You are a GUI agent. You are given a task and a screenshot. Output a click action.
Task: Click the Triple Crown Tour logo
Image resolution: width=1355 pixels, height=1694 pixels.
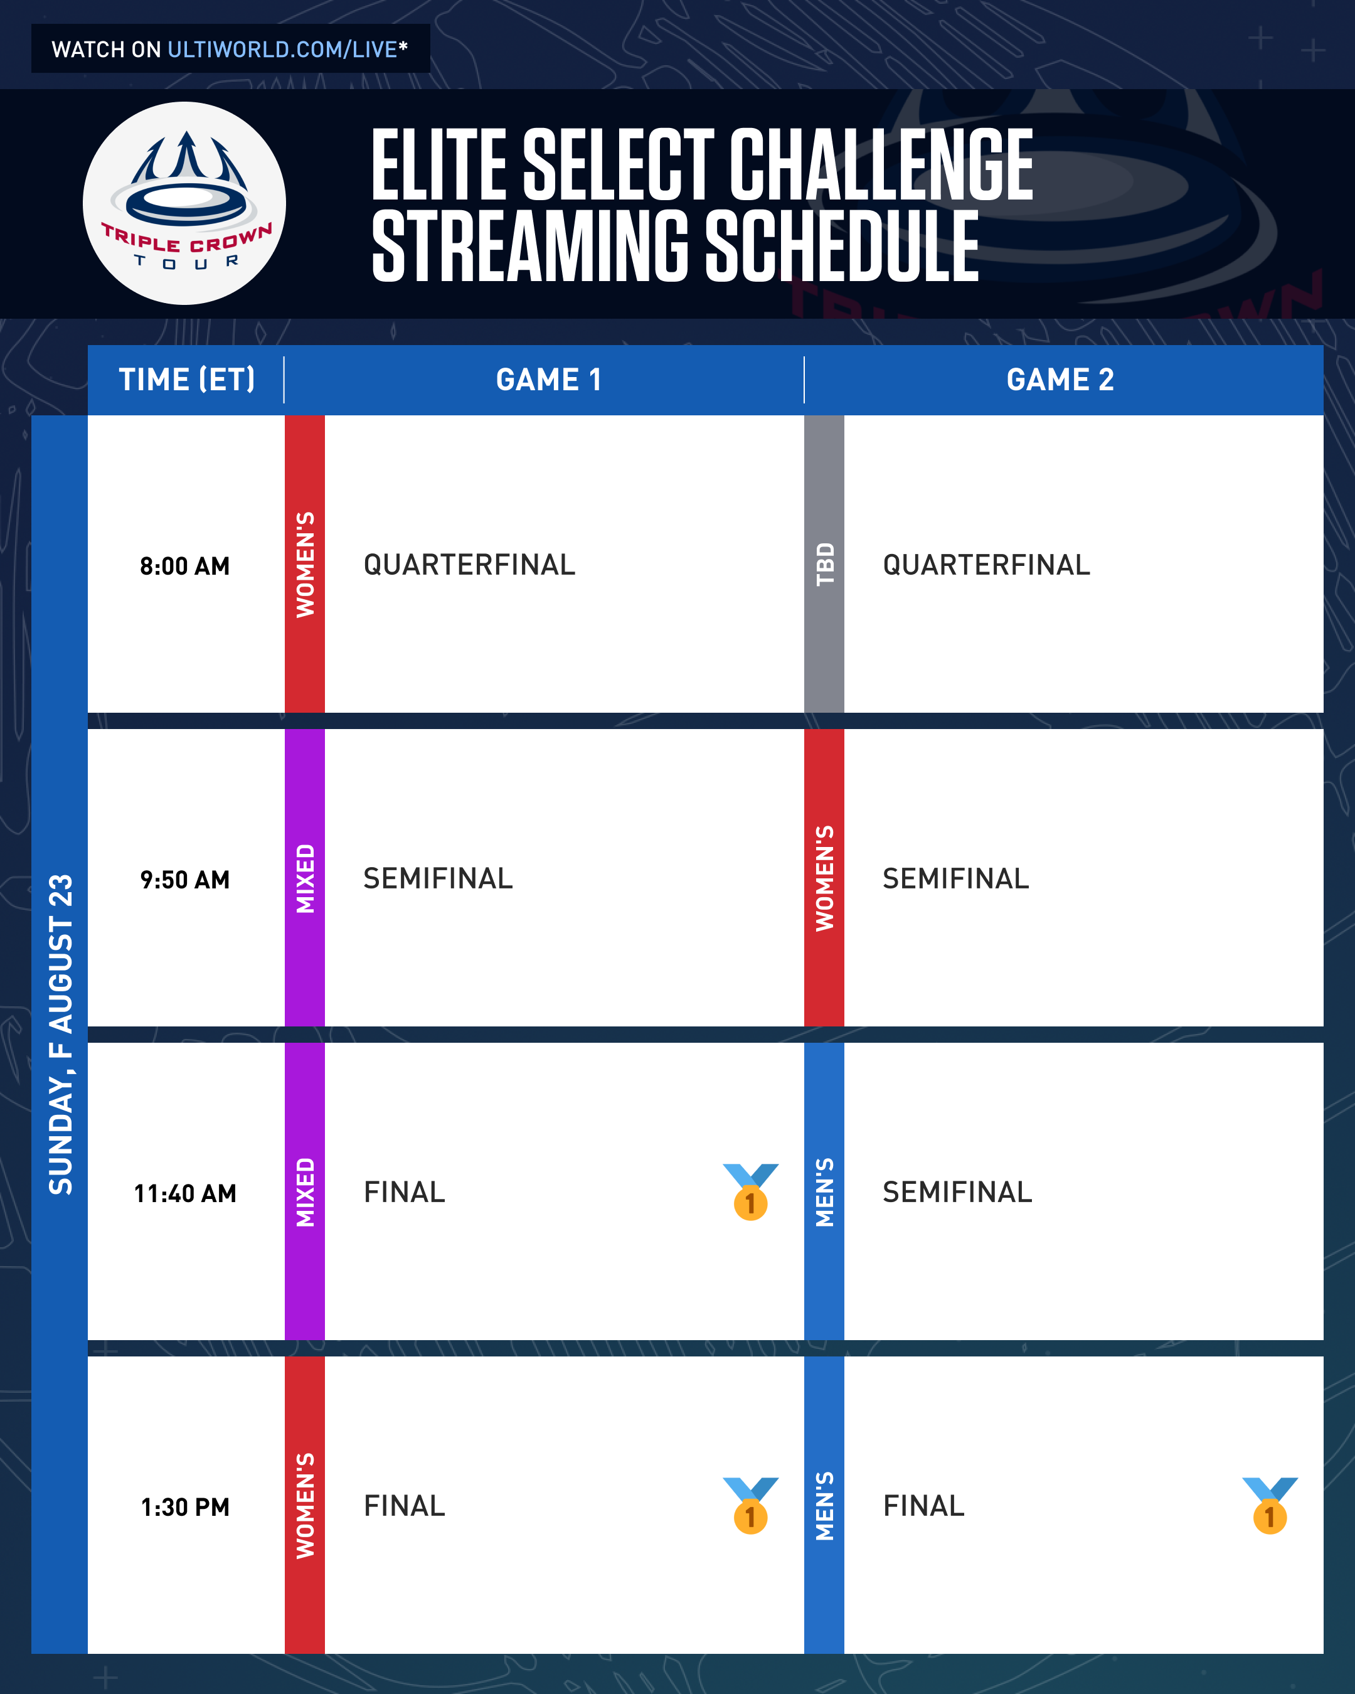[184, 203]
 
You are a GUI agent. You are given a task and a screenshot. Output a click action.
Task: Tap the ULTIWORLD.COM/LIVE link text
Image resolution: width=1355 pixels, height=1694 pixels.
[283, 50]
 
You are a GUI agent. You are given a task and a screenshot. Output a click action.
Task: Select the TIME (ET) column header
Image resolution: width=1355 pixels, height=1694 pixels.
[187, 380]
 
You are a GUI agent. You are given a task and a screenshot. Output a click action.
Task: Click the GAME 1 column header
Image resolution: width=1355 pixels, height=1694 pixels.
[549, 380]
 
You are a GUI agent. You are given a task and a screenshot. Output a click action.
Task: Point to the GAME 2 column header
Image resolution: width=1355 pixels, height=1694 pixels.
[1060, 380]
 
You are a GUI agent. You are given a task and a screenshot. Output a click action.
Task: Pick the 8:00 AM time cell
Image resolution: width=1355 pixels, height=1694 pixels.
[184, 566]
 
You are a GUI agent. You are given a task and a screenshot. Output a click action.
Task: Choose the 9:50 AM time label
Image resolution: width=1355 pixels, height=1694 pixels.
[184, 879]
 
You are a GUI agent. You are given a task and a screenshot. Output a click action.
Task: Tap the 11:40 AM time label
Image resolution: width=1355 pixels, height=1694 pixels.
[184, 1193]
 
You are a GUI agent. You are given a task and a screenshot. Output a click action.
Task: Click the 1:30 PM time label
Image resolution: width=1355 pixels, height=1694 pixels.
[184, 1507]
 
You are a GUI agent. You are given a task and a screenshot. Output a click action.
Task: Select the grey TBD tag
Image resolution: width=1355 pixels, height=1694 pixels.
[824, 564]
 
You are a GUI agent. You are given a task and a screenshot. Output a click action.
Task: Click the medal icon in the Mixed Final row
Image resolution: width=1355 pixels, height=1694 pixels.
[751, 1192]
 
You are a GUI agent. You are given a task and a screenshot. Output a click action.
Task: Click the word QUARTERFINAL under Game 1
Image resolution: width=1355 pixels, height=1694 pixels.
[469, 565]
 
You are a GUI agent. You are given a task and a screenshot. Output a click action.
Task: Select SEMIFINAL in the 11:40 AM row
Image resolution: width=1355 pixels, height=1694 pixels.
[957, 1192]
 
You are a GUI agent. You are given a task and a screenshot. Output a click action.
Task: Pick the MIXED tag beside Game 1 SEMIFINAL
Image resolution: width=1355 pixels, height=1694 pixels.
[305, 878]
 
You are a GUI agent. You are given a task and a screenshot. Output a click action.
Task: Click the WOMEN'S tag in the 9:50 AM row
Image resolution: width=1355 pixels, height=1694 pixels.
[824, 878]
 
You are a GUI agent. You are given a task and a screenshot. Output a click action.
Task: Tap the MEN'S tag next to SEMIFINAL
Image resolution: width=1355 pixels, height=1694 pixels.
[824, 1191]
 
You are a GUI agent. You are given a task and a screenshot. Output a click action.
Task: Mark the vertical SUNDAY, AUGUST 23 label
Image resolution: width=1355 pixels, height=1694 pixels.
[60, 1034]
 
